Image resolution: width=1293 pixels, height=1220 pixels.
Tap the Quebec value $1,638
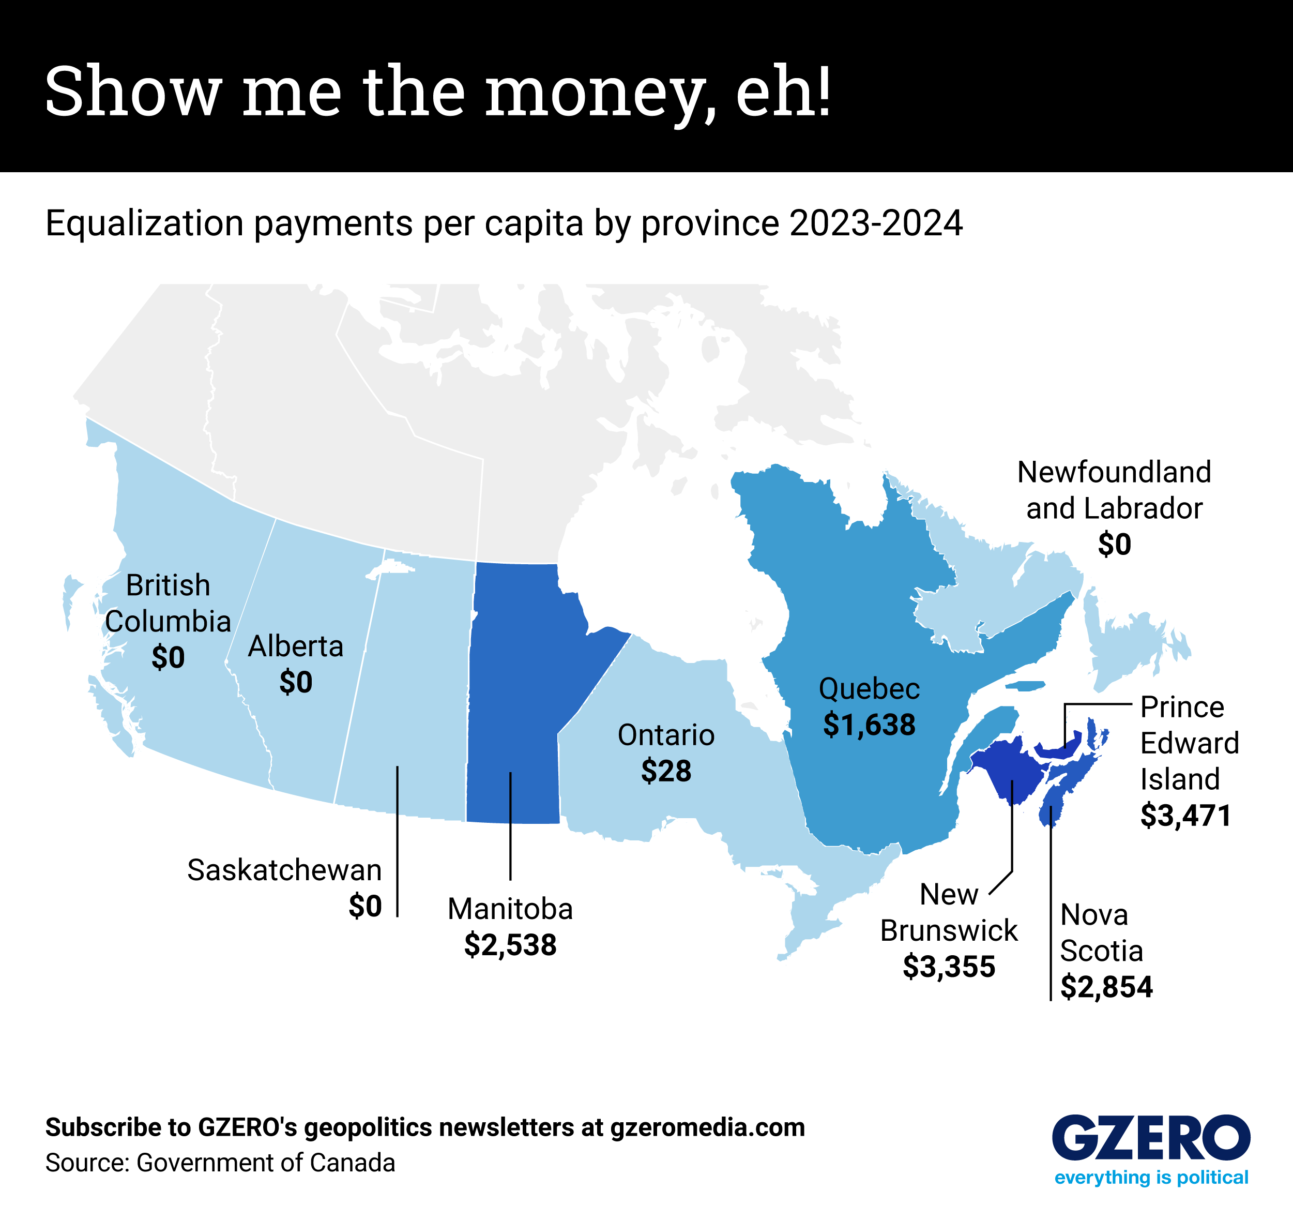869,725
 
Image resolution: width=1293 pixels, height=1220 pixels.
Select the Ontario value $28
666,771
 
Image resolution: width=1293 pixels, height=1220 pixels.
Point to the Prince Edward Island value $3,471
1185,815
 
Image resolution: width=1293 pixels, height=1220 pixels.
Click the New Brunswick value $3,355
949,967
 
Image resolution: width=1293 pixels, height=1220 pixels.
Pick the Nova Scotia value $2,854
1106,987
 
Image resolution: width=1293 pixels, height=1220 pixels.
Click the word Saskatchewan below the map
284,870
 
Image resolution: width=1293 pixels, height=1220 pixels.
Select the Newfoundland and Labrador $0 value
1114,544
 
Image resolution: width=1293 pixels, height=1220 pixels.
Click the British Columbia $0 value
168,657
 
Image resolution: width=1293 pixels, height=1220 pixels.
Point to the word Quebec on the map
869,688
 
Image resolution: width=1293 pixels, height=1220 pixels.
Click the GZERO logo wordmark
1150,1137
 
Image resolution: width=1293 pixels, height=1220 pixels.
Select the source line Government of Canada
265,1163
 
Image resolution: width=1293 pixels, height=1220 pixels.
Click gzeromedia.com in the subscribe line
707,1127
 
